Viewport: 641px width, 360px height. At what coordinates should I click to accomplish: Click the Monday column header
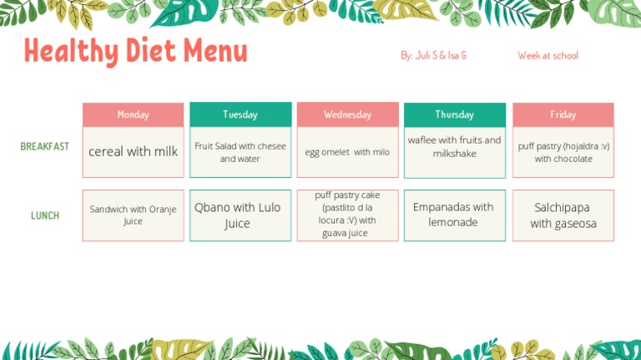[x=133, y=114]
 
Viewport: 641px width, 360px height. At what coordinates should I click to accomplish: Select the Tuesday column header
[x=240, y=114]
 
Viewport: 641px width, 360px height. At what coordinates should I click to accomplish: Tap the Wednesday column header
[x=347, y=114]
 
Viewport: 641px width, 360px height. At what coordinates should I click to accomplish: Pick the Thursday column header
[x=455, y=114]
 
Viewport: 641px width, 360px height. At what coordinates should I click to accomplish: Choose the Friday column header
[x=563, y=114]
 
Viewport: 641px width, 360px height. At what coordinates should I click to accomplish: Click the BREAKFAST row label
[x=45, y=146]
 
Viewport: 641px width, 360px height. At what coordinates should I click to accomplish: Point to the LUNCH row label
[x=45, y=215]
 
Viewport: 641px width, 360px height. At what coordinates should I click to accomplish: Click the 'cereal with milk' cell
[x=133, y=152]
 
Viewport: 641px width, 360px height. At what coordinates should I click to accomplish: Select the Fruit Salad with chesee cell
[x=240, y=152]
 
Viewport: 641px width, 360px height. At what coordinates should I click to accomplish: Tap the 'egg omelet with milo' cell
[x=347, y=152]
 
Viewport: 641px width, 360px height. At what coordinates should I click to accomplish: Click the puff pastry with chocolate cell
[x=563, y=152]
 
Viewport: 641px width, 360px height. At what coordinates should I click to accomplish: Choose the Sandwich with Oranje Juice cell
[x=133, y=215]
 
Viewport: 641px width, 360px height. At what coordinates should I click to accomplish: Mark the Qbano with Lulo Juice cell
[x=240, y=215]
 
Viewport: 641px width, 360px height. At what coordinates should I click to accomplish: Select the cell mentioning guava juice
[x=347, y=215]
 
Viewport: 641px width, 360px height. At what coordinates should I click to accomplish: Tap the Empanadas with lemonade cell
[x=455, y=215]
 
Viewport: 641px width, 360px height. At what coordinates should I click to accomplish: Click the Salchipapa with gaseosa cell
[x=563, y=215]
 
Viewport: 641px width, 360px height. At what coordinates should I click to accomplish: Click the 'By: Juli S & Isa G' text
[x=433, y=55]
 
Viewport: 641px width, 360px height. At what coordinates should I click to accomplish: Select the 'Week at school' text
[x=548, y=55]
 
